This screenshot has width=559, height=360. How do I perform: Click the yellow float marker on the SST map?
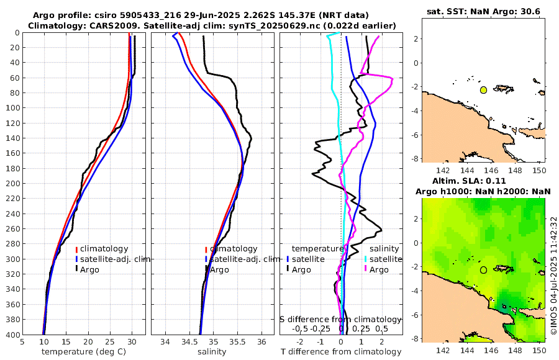tap(483, 90)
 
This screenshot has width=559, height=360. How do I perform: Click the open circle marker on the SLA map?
tap(483, 269)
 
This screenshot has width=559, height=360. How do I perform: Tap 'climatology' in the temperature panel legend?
tap(104, 249)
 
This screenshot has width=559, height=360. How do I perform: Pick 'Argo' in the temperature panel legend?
tap(89, 269)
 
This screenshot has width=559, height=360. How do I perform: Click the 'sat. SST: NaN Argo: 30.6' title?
tap(484, 12)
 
